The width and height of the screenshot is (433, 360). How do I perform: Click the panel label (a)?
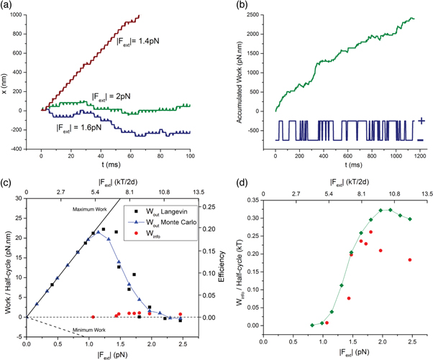coord(9,6)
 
